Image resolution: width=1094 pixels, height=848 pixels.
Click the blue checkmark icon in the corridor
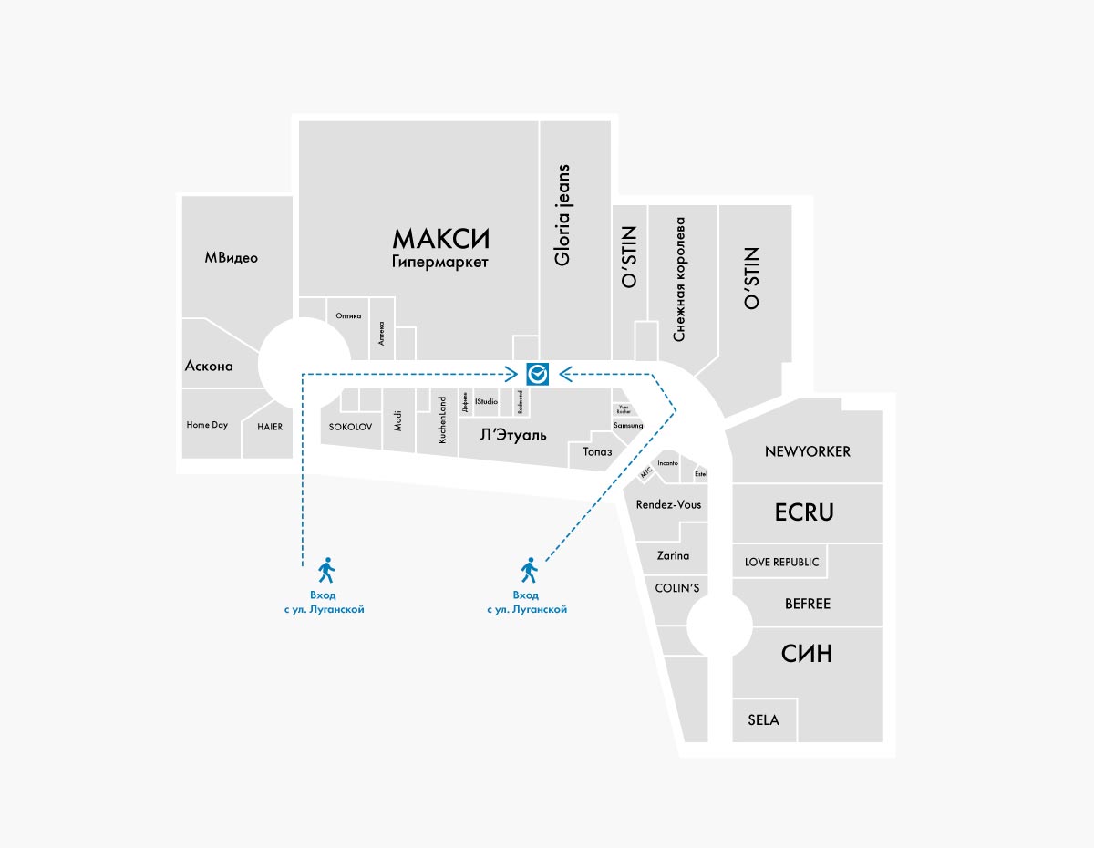[x=537, y=373]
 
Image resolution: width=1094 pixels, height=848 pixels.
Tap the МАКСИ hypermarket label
[x=441, y=239]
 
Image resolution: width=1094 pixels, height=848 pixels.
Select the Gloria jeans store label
[x=562, y=215]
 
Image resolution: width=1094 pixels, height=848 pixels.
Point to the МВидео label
[x=231, y=258]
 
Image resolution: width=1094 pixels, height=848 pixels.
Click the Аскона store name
[x=209, y=367]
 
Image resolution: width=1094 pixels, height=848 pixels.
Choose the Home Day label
[x=207, y=425]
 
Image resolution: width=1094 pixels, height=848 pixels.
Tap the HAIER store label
[x=270, y=427]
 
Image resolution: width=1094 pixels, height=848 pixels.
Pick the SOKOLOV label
[x=350, y=426]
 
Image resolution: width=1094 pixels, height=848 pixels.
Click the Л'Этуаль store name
[x=513, y=435]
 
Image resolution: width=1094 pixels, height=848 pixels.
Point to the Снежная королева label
[x=678, y=274]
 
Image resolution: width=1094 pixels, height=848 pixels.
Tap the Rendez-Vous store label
[x=669, y=504]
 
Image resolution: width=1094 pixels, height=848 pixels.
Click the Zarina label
[x=674, y=555]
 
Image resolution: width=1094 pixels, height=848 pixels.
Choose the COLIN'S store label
[x=677, y=588]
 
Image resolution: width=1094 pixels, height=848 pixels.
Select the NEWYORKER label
[x=808, y=451]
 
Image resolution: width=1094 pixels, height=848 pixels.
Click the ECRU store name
[x=804, y=512]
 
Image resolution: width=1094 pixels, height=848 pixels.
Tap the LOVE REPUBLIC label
[x=781, y=563]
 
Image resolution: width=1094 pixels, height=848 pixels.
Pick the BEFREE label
[x=808, y=604]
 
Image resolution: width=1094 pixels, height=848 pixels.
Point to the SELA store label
[x=763, y=720]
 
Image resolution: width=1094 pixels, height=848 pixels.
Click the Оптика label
[x=348, y=316]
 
